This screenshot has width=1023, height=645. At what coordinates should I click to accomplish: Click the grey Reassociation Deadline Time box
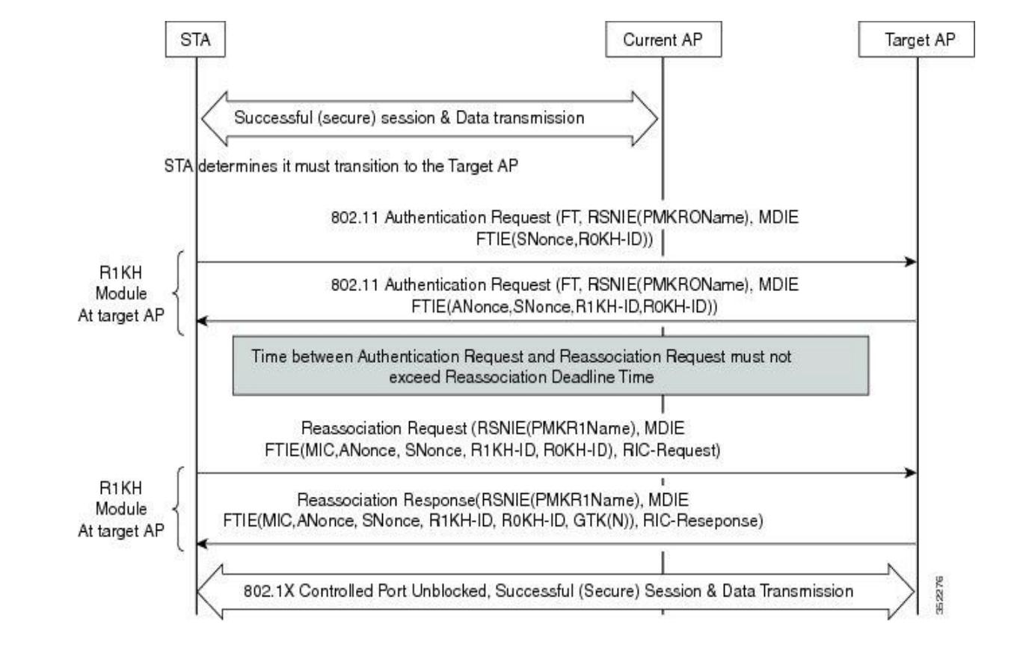click(550, 367)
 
